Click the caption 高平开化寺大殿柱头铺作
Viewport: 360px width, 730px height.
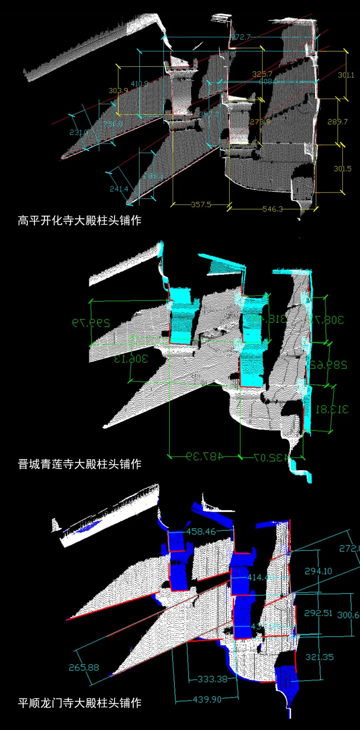pyautogui.click(x=80, y=221)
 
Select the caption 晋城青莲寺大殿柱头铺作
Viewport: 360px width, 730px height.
pyautogui.click(x=80, y=464)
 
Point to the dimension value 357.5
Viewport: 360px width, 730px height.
pyautogui.click(x=201, y=204)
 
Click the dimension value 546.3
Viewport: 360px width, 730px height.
pyautogui.click(x=272, y=209)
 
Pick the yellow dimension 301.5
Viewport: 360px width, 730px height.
pyautogui.click(x=342, y=169)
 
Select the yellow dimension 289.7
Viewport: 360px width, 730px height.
pyautogui.click(x=337, y=122)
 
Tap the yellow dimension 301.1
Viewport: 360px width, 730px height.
pyautogui.click(x=346, y=75)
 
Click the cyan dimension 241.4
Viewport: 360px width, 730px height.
pyautogui.click(x=119, y=189)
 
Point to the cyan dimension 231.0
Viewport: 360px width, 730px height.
pyautogui.click(x=79, y=132)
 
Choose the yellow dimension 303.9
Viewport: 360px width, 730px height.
pyautogui.click(x=118, y=90)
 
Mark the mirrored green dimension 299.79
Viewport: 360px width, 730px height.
pyautogui.click(x=91, y=323)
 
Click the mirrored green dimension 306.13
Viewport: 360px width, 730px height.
pyautogui.click(x=131, y=359)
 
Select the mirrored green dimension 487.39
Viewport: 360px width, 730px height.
pyautogui.click(x=204, y=456)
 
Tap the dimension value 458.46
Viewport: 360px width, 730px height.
pyautogui.click(x=201, y=531)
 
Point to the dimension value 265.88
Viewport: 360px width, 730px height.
pyautogui.click(x=84, y=667)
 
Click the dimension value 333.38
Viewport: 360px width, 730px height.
pyautogui.click(x=212, y=679)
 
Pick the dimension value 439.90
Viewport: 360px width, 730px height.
pyautogui.click(x=207, y=699)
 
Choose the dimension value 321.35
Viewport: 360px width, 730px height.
pyautogui.click(x=319, y=657)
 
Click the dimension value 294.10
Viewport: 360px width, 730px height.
pyautogui.click(x=318, y=571)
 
